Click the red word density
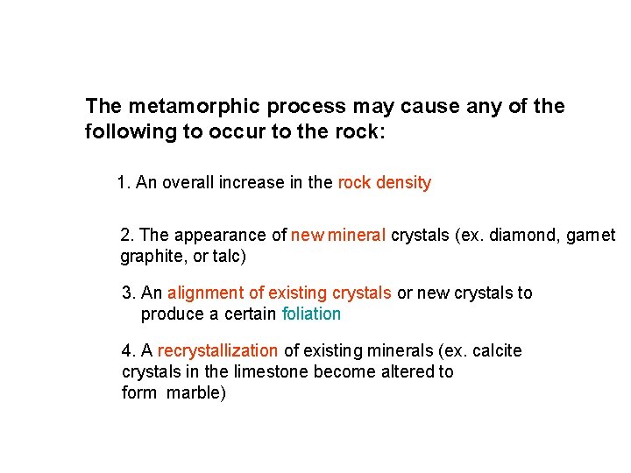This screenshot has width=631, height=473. click(x=404, y=183)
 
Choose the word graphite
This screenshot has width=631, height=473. click(x=150, y=258)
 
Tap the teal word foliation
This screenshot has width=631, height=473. click(x=311, y=314)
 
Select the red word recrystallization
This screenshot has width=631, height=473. click(x=216, y=351)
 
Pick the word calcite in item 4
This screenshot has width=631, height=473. click(x=497, y=351)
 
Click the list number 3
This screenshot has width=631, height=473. click(x=128, y=293)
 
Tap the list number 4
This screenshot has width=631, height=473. click(x=128, y=351)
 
